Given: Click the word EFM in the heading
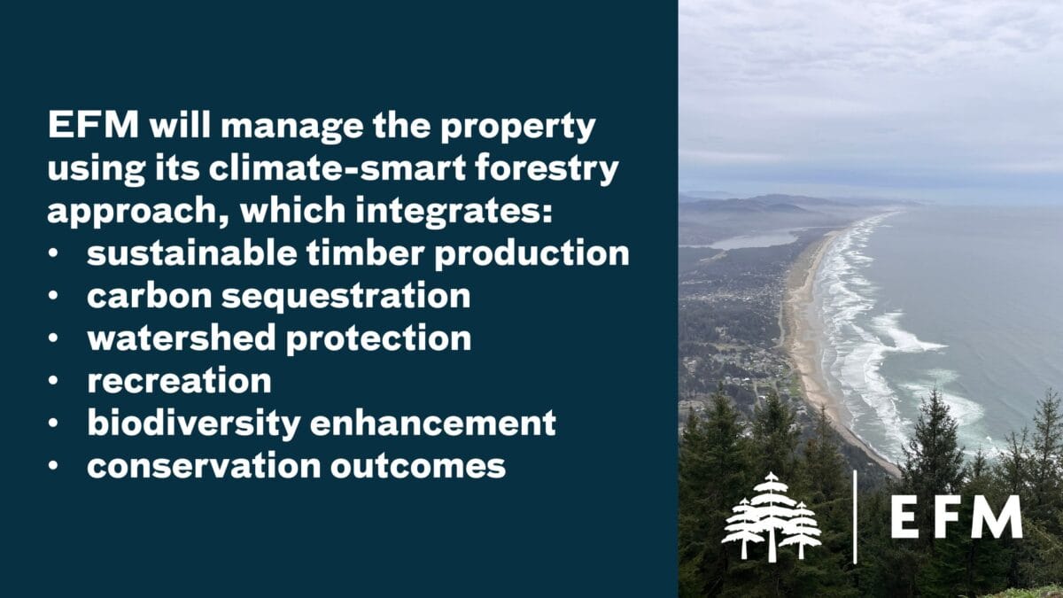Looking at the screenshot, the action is click(94, 125).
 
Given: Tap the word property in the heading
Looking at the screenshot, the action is click(517, 128).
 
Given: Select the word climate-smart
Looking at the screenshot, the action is click(338, 167).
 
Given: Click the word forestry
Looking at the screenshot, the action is click(547, 170).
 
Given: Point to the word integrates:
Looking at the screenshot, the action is click(454, 212).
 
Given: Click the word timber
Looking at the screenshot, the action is click(365, 253).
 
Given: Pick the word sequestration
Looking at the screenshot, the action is click(346, 296).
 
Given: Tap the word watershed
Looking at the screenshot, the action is click(182, 338).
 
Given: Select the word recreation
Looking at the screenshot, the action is click(179, 381).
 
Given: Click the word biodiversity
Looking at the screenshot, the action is click(194, 423).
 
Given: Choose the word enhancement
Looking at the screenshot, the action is click(433, 423).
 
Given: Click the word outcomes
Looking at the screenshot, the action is click(418, 466).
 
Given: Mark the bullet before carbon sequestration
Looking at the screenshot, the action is click(53, 296).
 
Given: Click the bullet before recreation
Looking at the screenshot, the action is click(53, 380).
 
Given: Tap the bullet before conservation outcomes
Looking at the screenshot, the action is click(53, 465).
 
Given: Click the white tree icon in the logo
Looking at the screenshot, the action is click(772, 516).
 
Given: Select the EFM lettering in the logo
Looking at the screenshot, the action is click(957, 516).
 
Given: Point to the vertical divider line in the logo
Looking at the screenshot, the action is click(855, 517).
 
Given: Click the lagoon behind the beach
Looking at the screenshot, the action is click(755, 240).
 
